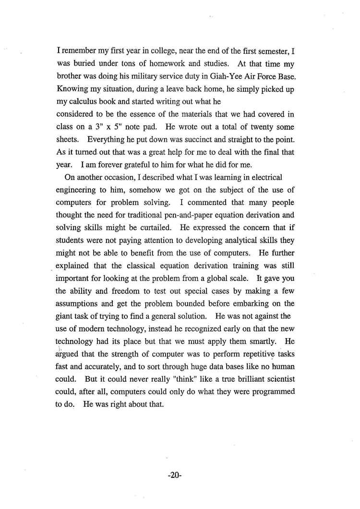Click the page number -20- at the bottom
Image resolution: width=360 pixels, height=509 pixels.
coord(174,475)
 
